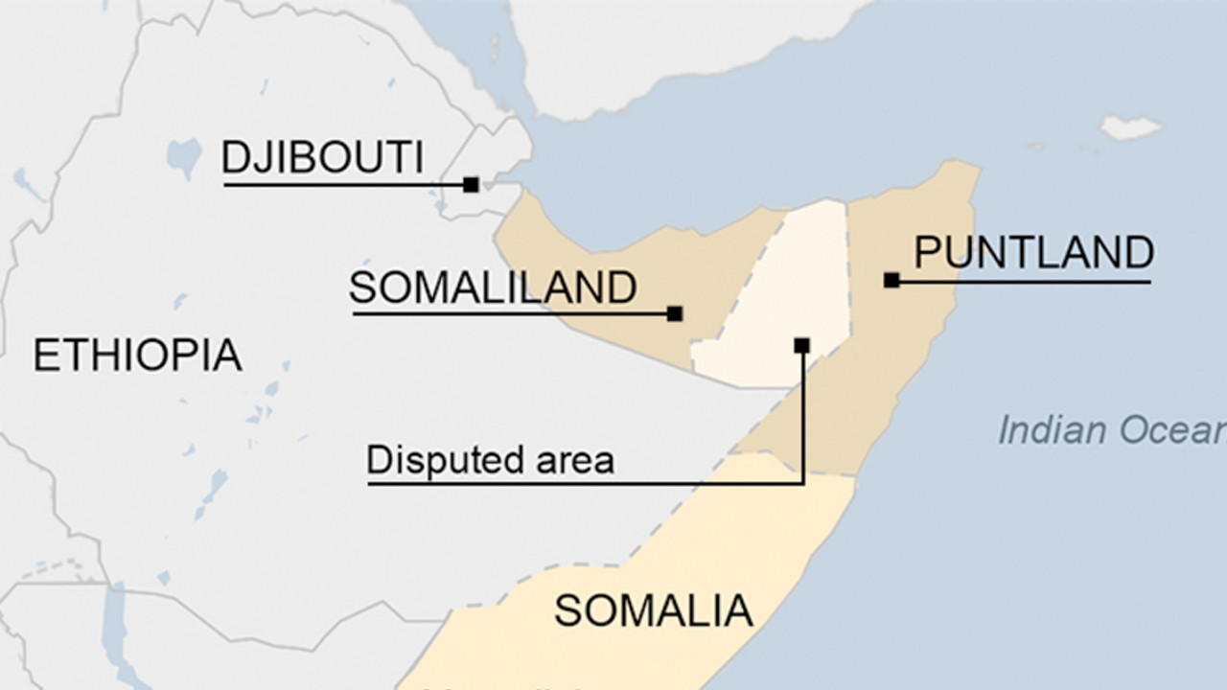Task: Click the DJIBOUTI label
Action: [x=322, y=158]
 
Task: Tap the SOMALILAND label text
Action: [x=493, y=287]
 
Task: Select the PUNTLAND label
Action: [x=1033, y=253]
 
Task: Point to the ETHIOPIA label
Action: [x=137, y=356]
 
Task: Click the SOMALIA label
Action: [x=653, y=610]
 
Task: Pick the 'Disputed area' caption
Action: [x=490, y=461]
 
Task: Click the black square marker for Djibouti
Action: [x=471, y=184]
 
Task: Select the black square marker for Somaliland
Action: [x=675, y=313]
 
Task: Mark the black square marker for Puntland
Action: [x=891, y=281]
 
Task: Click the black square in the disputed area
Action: [x=802, y=345]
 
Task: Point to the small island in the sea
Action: [x=1131, y=127]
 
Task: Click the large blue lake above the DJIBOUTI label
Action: [x=183, y=154]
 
